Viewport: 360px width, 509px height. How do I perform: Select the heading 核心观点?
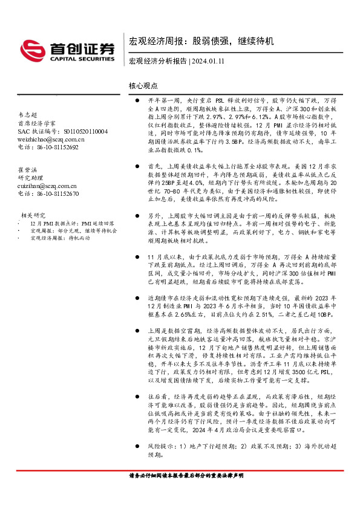(143, 86)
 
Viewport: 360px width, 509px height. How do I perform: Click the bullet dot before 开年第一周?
(138, 100)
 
